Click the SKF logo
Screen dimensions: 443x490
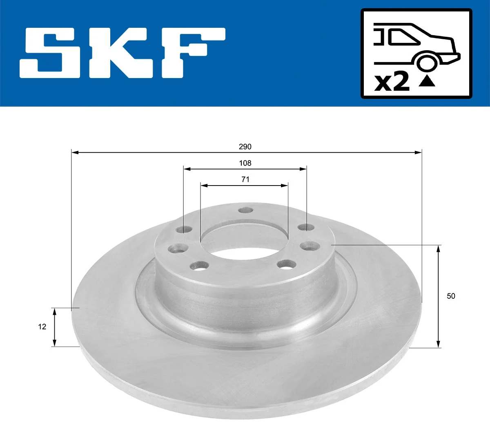122,53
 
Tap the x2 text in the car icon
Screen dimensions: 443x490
392,83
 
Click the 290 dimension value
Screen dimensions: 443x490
245,147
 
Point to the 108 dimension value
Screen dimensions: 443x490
245,163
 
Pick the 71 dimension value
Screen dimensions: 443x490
245,179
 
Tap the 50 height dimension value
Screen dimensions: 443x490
451,296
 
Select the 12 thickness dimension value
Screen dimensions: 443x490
42,327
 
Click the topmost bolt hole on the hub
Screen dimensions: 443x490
245,210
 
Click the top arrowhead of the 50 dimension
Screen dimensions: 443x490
439,248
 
